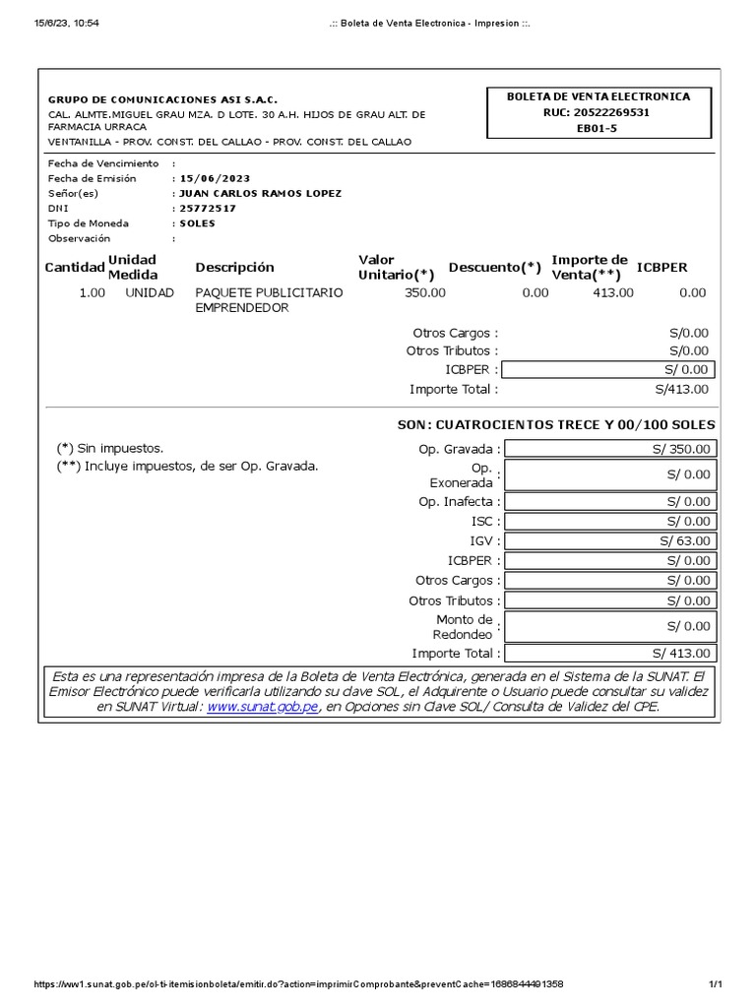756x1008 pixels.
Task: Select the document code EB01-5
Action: [x=598, y=128]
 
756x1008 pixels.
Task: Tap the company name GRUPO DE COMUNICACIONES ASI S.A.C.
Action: [x=163, y=99]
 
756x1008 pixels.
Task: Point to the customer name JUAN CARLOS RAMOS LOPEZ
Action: [x=260, y=193]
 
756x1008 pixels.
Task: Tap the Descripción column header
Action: [x=234, y=268]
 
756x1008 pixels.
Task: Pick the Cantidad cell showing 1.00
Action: [x=93, y=292]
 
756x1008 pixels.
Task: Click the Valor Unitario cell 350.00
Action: [x=424, y=292]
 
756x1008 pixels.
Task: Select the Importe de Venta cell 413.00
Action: [x=613, y=292]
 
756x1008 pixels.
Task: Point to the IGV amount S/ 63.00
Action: [x=610, y=540]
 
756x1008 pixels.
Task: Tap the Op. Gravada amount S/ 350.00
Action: [x=610, y=449]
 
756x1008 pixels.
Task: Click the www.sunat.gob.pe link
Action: [x=263, y=707]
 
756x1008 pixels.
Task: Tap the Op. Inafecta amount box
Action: [x=610, y=502]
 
